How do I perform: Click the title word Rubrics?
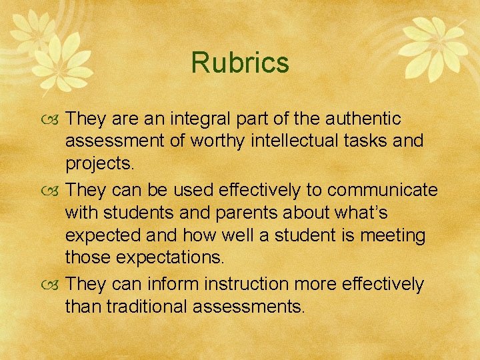(240, 63)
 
